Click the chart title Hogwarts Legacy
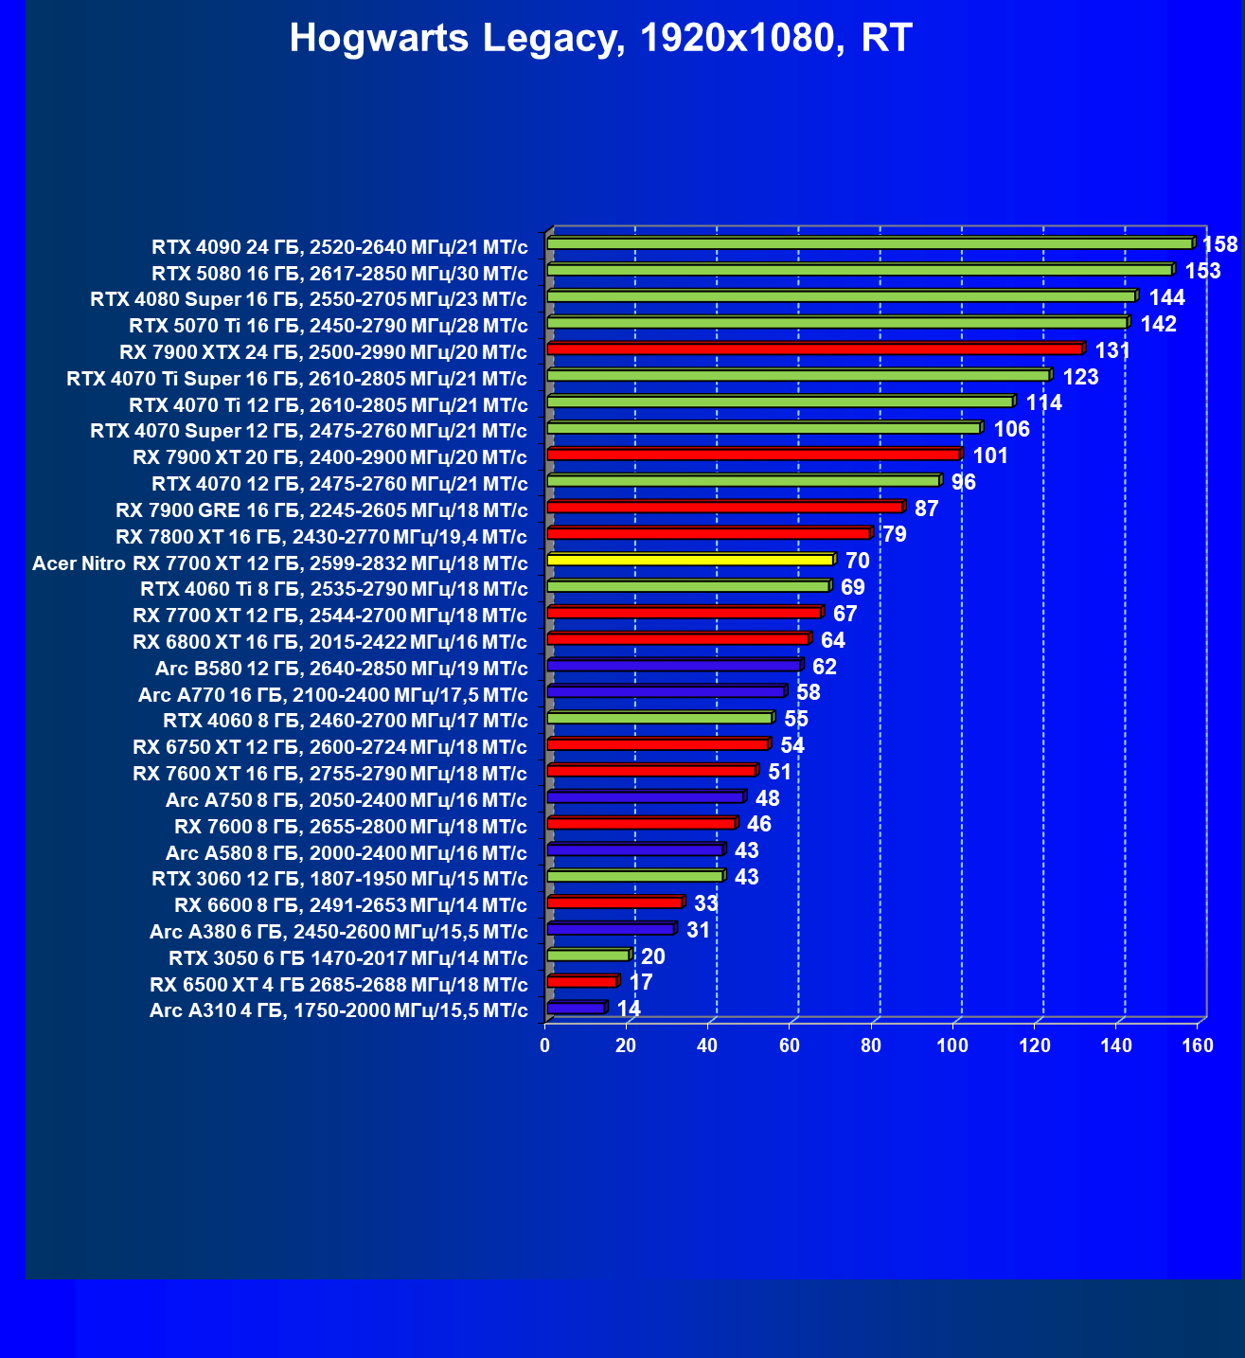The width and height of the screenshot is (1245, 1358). click(600, 39)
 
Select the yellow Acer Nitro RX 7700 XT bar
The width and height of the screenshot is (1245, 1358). click(690, 560)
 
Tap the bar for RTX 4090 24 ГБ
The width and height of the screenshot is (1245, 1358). click(869, 243)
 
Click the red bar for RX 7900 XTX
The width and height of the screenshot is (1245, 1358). click(814, 348)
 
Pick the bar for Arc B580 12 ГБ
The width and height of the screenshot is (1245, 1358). click(673, 666)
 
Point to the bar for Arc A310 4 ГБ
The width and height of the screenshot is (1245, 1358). click(576, 1008)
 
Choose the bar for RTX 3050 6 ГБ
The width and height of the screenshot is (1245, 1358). click(588, 955)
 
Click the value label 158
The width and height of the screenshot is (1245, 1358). click(1219, 244)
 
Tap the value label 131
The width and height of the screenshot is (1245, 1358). click(1112, 350)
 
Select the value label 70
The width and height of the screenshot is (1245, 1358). click(857, 561)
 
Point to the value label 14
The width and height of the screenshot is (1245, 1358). click(629, 1009)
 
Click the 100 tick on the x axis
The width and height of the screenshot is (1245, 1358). click(952, 1045)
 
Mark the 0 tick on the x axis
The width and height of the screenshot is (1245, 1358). click(544, 1045)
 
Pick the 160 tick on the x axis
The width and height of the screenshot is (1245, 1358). click(1198, 1045)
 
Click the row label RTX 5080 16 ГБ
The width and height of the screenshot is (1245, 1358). click(339, 274)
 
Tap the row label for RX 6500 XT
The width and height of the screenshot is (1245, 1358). click(338, 984)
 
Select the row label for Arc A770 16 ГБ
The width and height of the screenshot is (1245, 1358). click(332, 695)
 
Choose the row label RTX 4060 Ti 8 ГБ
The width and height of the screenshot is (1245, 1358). click(333, 589)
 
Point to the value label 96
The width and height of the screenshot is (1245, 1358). click(963, 482)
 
